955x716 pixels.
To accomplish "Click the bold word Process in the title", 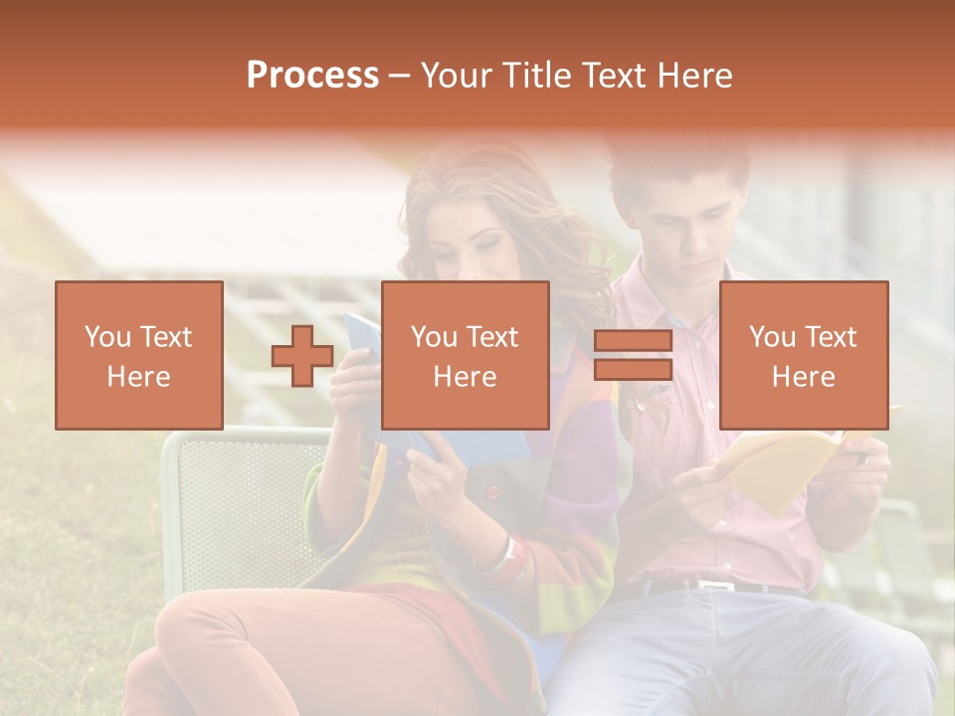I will pyautogui.click(x=312, y=76).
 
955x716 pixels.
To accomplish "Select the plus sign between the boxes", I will pyautogui.click(x=302, y=356).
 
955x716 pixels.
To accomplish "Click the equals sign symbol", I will pyautogui.click(x=633, y=356).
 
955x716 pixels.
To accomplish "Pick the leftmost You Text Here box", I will pyautogui.click(x=139, y=355).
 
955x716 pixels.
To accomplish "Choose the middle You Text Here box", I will pyautogui.click(x=465, y=355).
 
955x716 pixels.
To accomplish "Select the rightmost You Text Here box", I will pyautogui.click(x=803, y=355).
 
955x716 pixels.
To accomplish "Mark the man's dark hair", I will pyautogui.click(x=676, y=164).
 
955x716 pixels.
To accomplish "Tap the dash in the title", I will pyautogui.click(x=400, y=76).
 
